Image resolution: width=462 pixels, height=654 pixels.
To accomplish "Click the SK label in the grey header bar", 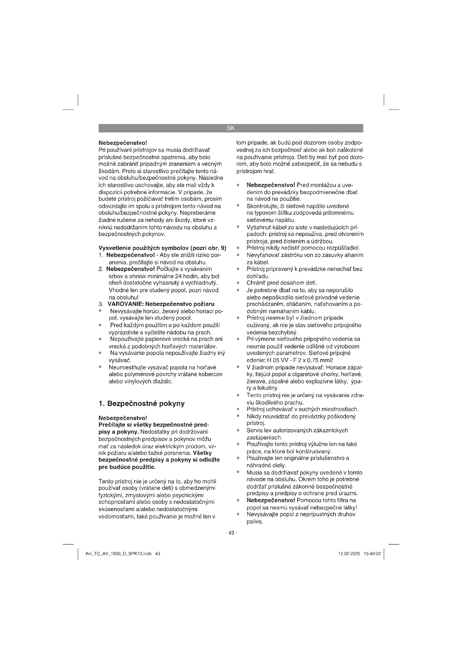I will (231, 128).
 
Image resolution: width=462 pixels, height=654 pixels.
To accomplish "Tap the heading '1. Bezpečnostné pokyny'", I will (141, 403).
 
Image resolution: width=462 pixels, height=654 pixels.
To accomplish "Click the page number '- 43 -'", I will (231, 533).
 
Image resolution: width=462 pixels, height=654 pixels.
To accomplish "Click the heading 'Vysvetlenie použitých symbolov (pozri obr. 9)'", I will (162, 248).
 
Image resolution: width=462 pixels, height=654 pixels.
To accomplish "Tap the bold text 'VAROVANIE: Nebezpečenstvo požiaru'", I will (161, 304).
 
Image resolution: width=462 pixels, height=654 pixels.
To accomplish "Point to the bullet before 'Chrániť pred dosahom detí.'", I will (238, 283).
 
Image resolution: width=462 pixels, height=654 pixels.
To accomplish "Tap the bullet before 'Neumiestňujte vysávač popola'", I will (100, 367).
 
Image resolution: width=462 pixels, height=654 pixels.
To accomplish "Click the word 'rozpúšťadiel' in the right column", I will (344, 248).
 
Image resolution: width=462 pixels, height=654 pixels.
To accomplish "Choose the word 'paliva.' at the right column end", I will (255, 521).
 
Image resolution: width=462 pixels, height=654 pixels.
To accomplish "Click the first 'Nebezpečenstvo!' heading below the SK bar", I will (123, 143).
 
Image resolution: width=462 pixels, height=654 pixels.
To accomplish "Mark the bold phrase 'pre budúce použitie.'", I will (127, 467).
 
